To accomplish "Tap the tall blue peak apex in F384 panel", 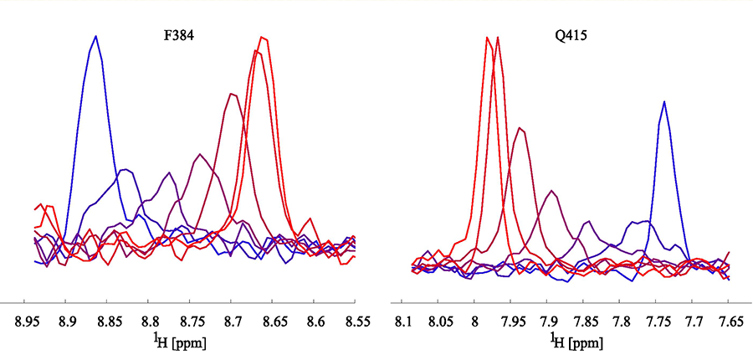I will [x=96, y=36].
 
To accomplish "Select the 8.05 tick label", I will [x=439, y=321].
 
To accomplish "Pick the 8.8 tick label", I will [x=150, y=321].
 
